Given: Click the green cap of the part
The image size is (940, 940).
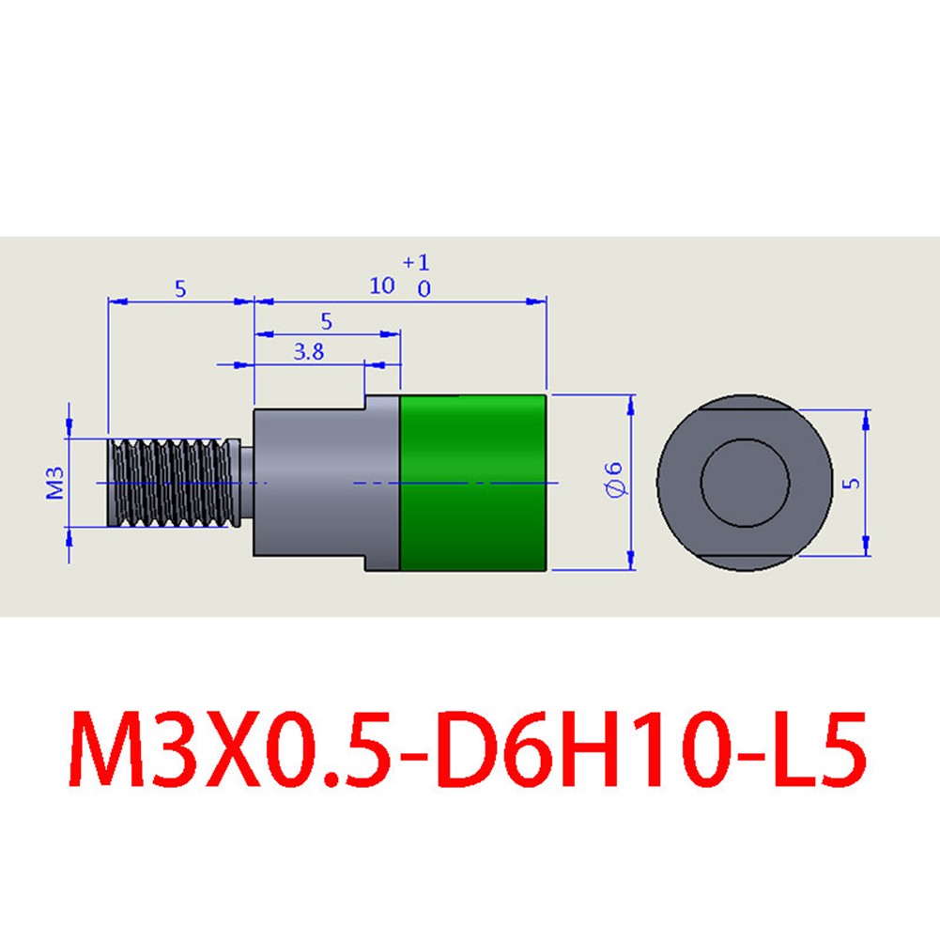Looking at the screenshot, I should click(x=473, y=483).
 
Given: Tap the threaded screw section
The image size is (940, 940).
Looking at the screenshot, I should click(x=173, y=484).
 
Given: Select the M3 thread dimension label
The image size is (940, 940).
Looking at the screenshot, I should click(x=55, y=483).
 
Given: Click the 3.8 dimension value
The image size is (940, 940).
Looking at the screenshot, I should click(x=308, y=352).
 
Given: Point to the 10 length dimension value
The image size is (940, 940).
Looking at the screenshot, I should click(x=382, y=285).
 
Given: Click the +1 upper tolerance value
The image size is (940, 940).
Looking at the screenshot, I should click(x=415, y=262).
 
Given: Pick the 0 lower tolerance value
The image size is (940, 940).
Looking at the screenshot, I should click(x=424, y=289).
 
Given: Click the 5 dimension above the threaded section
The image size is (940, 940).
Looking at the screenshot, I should click(x=180, y=289).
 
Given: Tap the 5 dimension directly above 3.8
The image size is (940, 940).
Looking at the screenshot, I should click(x=326, y=321).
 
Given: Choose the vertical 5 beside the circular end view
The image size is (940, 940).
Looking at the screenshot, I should click(x=851, y=483).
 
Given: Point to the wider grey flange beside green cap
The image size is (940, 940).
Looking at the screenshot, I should click(x=382, y=483).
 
